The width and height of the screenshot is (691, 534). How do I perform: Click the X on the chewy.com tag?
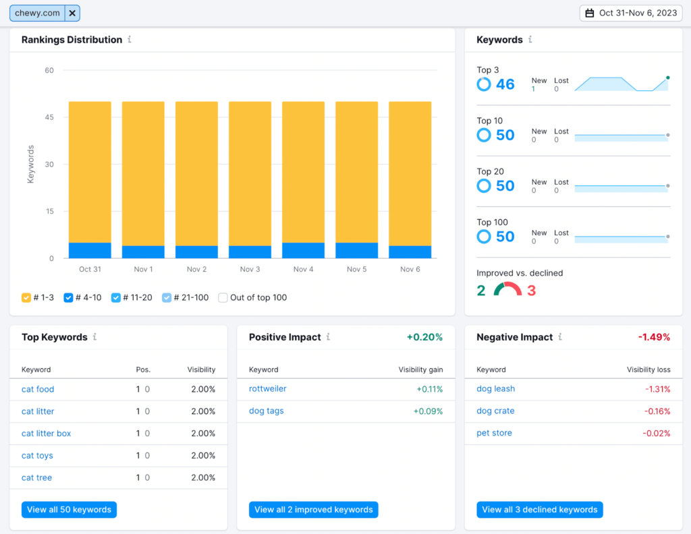[72, 13]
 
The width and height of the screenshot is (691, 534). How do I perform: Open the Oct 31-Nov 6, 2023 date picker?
[630, 13]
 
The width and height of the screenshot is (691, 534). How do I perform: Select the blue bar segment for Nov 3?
[250, 251]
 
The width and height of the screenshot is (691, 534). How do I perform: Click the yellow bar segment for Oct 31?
[90, 172]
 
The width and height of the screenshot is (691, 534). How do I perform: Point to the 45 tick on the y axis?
[49, 117]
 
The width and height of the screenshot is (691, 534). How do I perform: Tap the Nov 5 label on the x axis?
[356, 269]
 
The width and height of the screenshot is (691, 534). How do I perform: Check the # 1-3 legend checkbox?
[26, 297]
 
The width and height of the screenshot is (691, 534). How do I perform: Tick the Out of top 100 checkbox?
[223, 297]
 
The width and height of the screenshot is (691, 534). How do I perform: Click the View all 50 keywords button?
[69, 510]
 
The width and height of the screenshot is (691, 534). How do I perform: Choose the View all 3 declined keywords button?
[539, 510]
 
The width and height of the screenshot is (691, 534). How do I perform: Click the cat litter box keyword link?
[46, 434]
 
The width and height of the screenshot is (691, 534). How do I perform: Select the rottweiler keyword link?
[267, 389]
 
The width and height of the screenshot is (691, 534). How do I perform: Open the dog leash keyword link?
[495, 389]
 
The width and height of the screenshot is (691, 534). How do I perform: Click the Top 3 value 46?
[505, 84]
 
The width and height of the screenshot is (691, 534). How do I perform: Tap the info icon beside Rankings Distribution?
[130, 40]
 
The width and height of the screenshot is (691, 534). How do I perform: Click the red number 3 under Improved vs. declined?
[532, 291]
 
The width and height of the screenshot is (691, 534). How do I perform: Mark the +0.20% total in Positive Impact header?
[424, 337]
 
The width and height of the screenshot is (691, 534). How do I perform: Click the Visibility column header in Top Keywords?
[201, 369]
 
